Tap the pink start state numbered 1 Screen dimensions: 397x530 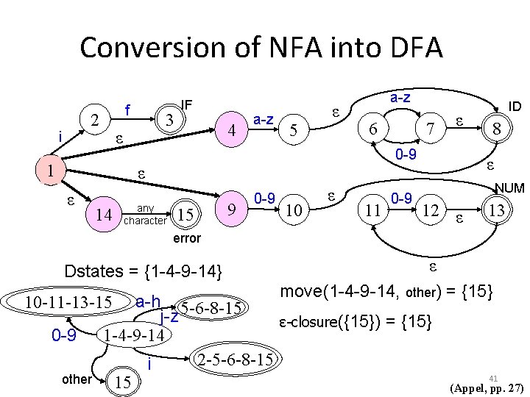pos(49,170)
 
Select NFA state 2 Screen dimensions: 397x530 pos(93,120)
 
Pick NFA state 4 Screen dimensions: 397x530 pos(232,131)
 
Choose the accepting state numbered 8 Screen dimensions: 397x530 pos(498,129)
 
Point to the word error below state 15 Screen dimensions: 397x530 pos(185,238)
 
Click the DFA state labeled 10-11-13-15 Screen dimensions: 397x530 pos(68,302)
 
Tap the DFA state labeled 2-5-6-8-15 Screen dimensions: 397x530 pos(231,359)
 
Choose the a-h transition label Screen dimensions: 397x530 pos(151,301)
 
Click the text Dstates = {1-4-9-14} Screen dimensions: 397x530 pos(144,271)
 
